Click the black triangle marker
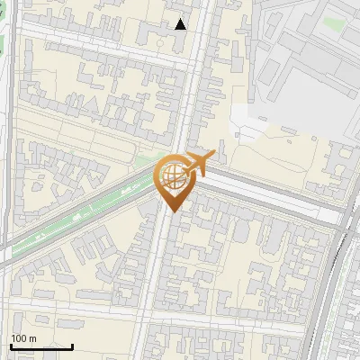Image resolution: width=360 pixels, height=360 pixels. coord(181,24)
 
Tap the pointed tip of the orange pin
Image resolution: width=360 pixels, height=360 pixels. coord(172,211)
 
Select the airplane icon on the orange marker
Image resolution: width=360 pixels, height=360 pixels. coord(194,164)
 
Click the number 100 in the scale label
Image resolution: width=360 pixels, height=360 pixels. coord(19,338)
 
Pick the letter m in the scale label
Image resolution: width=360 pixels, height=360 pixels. coord(32,338)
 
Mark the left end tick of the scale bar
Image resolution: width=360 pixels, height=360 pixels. coord(11,346)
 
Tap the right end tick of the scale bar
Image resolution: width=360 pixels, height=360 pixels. coord(72,346)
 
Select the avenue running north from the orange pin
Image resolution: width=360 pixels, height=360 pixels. coord(193,81)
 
